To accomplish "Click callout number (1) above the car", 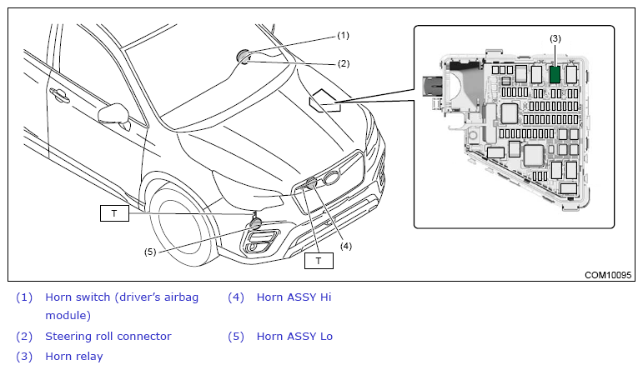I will [x=343, y=36].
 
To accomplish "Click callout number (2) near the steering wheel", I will [x=343, y=63].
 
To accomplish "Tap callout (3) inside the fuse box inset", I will [x=555, y=39].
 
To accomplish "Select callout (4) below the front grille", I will [x=345, y=246].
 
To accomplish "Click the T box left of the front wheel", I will [x=114, y=212].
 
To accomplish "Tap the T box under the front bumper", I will [x=319, y=261].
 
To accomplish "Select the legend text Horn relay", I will [x=74, y=357].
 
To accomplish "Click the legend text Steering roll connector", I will [x=108, y=337].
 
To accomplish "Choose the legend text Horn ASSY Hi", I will [x=294, y=297].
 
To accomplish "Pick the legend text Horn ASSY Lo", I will [x=294, y=337].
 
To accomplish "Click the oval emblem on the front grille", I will [x=333, y=177].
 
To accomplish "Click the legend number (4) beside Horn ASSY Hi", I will [x=235, y=297].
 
